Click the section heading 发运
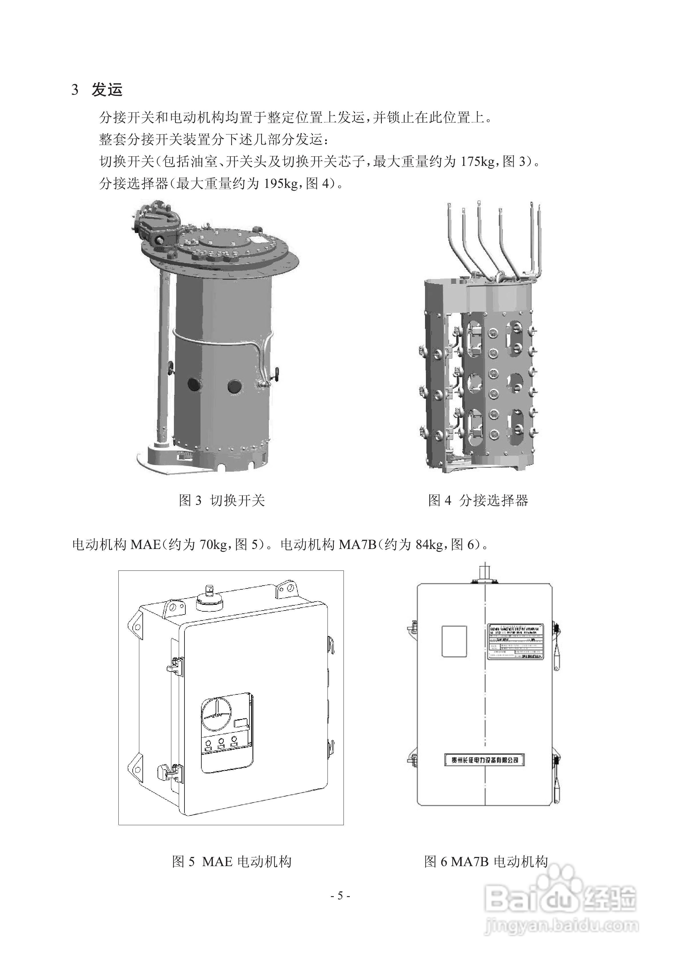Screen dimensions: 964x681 coord(107,90)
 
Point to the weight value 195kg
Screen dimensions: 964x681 coord(281,183)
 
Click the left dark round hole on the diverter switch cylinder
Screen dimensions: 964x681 coord(194,384)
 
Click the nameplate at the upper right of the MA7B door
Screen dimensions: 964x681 coord(515,642)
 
